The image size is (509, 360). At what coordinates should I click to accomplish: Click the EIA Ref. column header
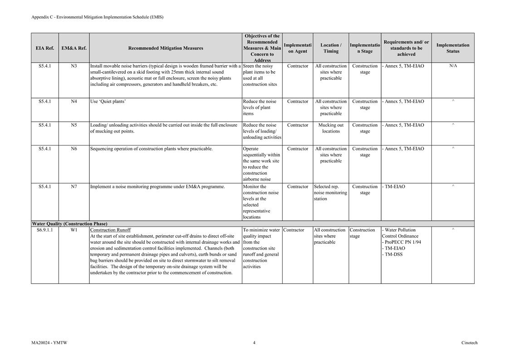tap(45, 48)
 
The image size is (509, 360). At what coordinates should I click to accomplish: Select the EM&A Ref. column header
tap(74, 48)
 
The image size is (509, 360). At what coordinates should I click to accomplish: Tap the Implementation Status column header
tap(452, 48)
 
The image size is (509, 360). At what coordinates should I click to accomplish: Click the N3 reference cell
tap(74, 66)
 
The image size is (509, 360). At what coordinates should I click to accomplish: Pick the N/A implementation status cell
tap(453, 66)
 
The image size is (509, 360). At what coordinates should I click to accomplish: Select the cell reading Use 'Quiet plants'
tap(108, 102)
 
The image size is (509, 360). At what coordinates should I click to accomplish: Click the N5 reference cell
tap(74, 125)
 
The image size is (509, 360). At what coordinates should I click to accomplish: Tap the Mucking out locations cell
tap(331, 128)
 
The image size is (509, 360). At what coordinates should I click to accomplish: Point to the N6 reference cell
tap(74, 149)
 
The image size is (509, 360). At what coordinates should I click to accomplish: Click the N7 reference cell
tap(74, 187)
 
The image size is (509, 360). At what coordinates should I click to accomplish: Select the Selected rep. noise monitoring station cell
tap(330, 192)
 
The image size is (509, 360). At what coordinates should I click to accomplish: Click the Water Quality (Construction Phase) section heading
tap(70, 224)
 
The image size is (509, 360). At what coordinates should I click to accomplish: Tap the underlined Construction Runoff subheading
tap(110, 230)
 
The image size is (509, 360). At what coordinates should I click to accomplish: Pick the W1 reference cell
tap(74, 230)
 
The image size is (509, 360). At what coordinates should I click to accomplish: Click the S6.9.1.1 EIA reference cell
tap(45, 230)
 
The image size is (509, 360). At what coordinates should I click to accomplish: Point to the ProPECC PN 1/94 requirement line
tap(402, 242)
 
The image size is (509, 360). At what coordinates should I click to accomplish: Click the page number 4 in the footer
tap(254, 343)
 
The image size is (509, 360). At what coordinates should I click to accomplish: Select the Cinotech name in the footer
tap(469, 343)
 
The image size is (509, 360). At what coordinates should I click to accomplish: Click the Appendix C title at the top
tap(97, 17)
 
